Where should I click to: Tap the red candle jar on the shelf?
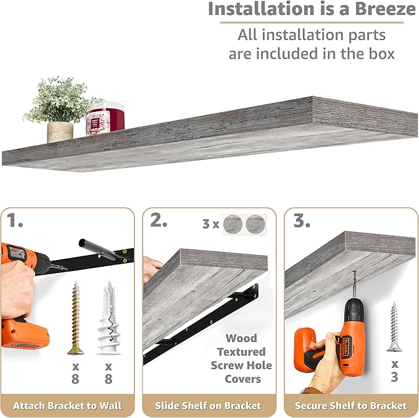(105, 119)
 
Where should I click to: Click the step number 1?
(14, 220)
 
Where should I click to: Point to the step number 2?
(159, 220)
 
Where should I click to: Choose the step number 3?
(302, 220)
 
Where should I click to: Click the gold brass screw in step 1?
(76, 318)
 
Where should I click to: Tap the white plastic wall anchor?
(109, 318)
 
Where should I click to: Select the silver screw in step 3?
(394, 327)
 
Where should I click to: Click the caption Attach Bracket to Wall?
(68, 406)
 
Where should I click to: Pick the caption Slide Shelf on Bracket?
(208, 406)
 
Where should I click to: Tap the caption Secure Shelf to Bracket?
(351, 406)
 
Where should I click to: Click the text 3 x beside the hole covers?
(211, 224)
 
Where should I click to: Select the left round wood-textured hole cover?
(233, 224)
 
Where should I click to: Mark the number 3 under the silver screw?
(394, 377)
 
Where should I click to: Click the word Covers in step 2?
(243, 379)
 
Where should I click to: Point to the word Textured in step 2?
(241, 352)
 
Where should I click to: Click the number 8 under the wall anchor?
(108, 379)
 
